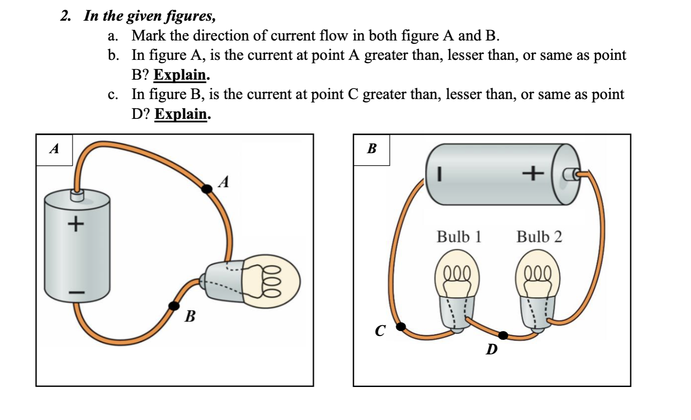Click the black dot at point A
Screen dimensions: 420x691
(x=206, y=188)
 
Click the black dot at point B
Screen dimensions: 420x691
(x=175, y=306)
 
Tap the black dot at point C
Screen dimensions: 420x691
(x=401, y=327)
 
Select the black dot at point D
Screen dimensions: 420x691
(x=503, y=335)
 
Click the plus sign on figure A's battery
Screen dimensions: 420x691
(x=75, y=224)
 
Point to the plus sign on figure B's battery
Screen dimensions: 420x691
(x=533, y=173)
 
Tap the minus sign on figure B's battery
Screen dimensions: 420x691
(x=438, y=173)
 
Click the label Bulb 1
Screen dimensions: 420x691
(x=459, y=237)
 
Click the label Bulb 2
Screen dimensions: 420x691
(x=539, y=237)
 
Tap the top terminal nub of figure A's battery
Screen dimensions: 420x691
(x=77, y=195)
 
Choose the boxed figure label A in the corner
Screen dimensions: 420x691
(x=54, y=149)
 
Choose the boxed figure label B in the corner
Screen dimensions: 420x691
(x=372, y=149)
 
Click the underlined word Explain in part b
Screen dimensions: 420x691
(x=180, y=75)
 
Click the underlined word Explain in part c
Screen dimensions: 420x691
(x=181, y=114)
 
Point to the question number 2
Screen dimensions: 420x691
(x=66, y=16)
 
